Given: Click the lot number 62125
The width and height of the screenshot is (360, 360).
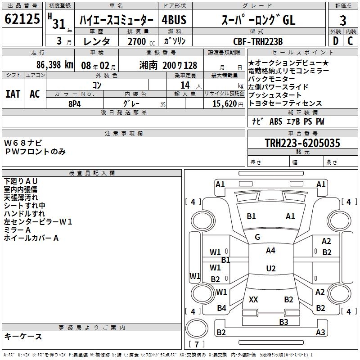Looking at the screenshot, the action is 22,20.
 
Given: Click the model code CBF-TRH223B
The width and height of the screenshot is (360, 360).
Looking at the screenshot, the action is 258,41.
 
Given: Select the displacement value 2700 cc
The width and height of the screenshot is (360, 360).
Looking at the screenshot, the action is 138,41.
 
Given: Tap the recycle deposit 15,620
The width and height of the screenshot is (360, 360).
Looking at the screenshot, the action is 224,103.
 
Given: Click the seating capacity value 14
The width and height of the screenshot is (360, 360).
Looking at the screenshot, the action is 185,85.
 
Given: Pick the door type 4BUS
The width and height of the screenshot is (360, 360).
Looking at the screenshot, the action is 174,20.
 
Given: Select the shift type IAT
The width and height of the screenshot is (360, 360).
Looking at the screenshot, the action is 13,94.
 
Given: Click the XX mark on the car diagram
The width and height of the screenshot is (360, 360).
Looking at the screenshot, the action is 253,300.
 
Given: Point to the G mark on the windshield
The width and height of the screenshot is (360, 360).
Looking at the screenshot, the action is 257,237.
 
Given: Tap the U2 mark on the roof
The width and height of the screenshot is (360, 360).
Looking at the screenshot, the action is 270,269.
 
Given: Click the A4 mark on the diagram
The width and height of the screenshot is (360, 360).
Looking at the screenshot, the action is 270,251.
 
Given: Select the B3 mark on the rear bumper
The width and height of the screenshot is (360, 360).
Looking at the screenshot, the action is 283,322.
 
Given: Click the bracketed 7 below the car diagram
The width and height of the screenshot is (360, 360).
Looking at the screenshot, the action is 197,345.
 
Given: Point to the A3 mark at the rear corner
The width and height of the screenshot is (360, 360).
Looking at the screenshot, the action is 320,333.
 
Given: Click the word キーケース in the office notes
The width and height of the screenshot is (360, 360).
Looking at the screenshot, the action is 23,336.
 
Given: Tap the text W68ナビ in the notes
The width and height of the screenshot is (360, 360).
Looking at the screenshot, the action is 23,143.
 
